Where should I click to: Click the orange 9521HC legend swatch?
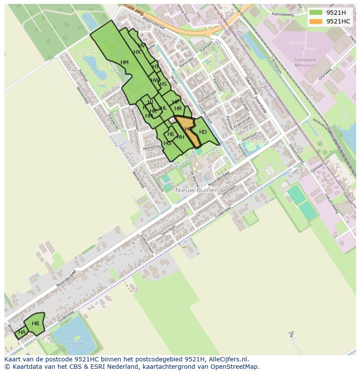(x=316, y=21)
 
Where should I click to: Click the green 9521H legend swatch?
(x=316, y=13)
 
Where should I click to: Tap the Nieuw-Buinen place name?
(x=197, y=190)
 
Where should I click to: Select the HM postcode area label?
(x=124, y=63)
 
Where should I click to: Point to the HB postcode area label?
(x=35, y=324)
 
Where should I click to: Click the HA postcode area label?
(x=22, y=332)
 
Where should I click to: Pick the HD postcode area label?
(x=203, y=132)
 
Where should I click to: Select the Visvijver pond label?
(x=76, y=344)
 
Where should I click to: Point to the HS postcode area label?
(x=163, y=84)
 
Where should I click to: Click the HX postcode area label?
(x=137, y=52)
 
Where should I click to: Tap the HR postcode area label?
(x=178, y=109)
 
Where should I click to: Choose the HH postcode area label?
(x=180, y=137)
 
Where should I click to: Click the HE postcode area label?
(x=171, y=135)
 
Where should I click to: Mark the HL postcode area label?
(x=163, y=109)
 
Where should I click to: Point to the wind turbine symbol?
(x=291, y=334)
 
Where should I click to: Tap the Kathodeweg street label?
(x=283, y=14)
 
